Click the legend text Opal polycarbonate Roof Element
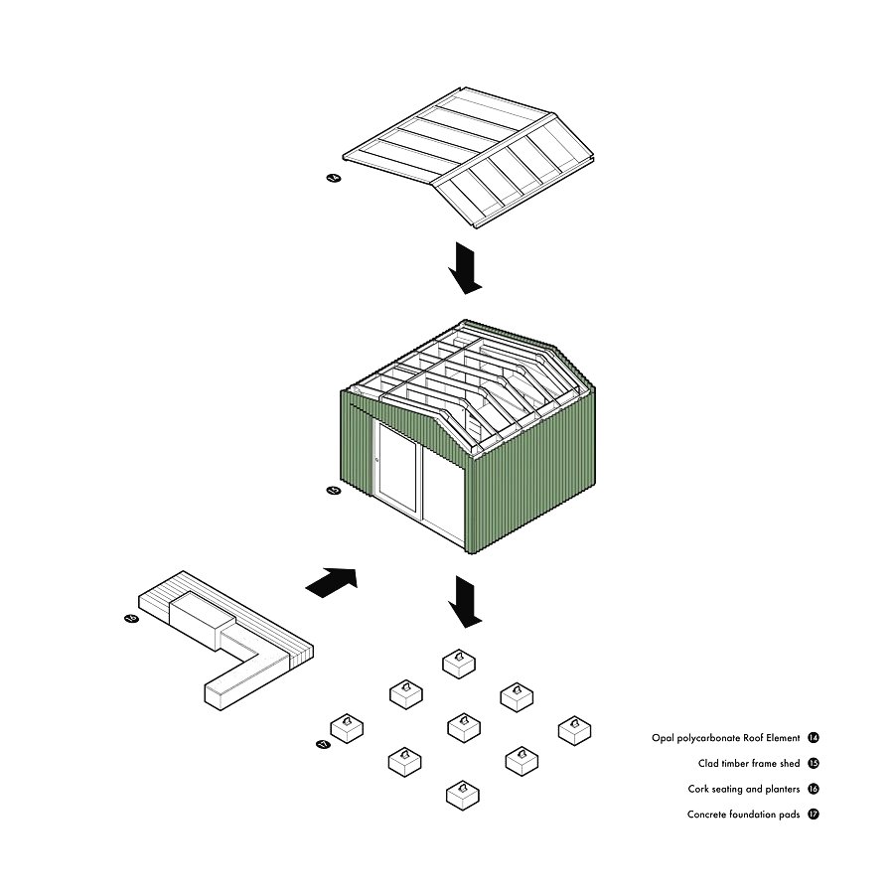point(725,738)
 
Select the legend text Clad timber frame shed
point(749,764)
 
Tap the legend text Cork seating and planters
point(743,790)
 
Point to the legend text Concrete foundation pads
point(743,815)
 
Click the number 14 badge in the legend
point(814,738)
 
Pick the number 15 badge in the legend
point(814,764)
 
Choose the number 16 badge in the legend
point(814,790)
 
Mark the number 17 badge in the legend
point(814,815)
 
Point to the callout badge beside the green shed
point(334,490)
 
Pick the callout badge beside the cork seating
point(131,618)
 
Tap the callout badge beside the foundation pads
point(322,743)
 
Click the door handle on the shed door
point(377,460)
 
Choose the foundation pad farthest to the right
point(574,730)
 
